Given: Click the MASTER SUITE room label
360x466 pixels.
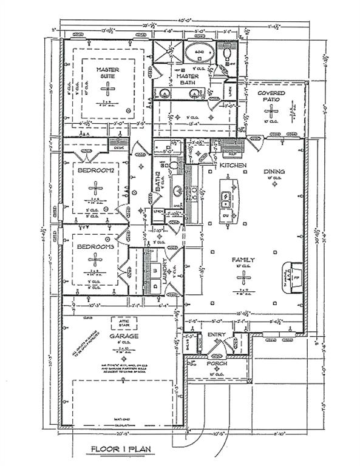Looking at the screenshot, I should [x=107, y=73].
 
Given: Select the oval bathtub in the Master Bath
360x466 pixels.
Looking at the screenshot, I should [x=199, y=53].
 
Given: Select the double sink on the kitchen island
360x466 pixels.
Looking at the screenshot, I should [x=224, y=197].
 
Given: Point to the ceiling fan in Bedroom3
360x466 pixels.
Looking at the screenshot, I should [x=96, y=260].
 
